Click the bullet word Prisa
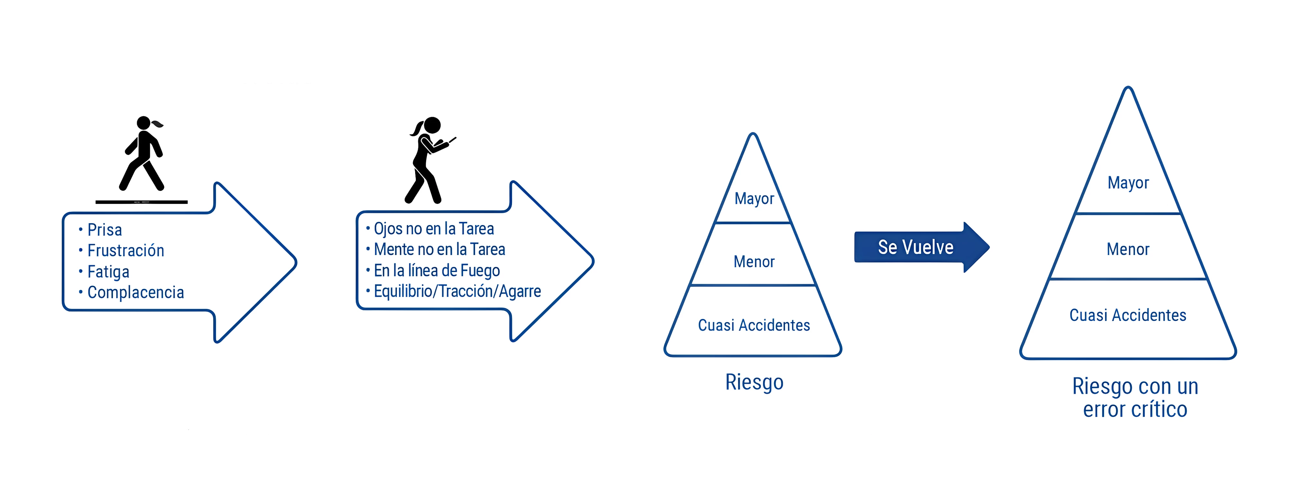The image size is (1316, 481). pyautogui.click(x=105, y=230)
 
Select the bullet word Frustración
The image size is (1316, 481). pyautogui.click(x=126, y=251)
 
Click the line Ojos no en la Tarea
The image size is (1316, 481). pyautogui.click(x=434, y=229)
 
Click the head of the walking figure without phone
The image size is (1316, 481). pyautogui.click(x=143, y=123)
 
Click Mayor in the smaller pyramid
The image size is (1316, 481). pyautogui.click(x=754, y=199)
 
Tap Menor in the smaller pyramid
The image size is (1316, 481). pyautogui.click(x=754, y=262)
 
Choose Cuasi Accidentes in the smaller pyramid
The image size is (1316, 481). pyautogui.click(x=754, y=325)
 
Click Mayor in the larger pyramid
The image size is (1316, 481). pyautogui.click(x=1128, y=183)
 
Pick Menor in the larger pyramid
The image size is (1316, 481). pyautogui.click(x=1128, y=249)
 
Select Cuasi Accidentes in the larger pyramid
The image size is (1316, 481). pyautogui.click(x=1128, y=315)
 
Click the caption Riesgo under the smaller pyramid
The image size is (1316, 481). pyautogui.click(x=754, y=382)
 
